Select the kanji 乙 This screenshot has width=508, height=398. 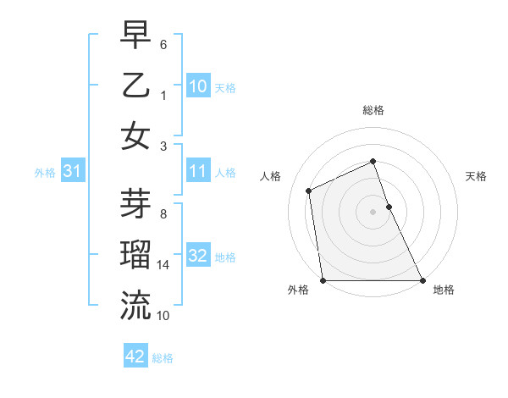tap(135, 86)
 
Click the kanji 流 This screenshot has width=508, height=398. tap(135, 306)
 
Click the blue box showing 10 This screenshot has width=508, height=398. tap(198, 86)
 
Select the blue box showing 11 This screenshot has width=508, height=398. tap(198, 172)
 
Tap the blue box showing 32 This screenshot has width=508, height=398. tap(198, 257)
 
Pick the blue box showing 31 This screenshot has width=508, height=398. tap(73, 172)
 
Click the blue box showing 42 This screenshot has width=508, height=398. tap(135, 357)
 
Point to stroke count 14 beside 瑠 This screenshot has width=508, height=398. tap(165, 265)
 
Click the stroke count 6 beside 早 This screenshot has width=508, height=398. tap(163, 43)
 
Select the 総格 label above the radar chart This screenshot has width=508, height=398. tap(373, 110)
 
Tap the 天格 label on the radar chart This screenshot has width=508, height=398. tap(476, 176)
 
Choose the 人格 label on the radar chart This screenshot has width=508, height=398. tap(270, 176)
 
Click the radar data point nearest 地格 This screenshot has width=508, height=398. tap(422, 280)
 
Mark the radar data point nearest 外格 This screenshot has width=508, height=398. tap(323, 280)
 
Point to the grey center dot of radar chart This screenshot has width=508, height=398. tap(373, 212)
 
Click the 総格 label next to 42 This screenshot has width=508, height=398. tap(163, 358)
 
